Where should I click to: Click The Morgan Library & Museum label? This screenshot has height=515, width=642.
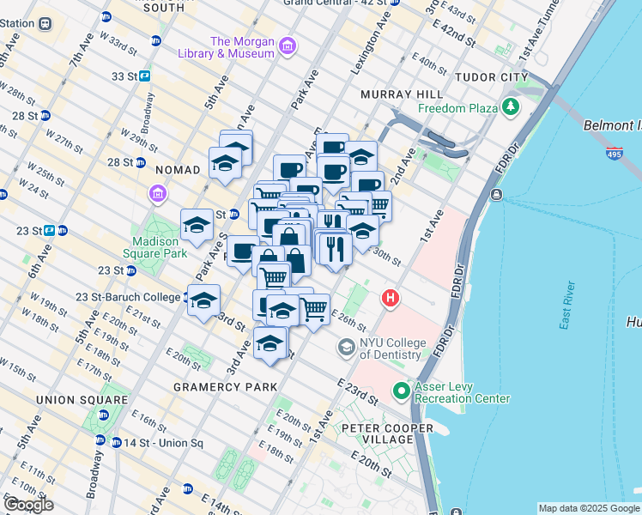[x=243, y=47]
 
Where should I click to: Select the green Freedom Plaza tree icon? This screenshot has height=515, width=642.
[x=512, y=107]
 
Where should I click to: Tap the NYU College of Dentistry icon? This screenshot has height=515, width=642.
[x=346, y=348]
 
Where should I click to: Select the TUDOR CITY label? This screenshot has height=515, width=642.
[x=491, y=77]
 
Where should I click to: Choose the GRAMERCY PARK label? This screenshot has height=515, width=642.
[x=226, y=387]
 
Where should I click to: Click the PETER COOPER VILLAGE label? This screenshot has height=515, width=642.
[x=388, y=433]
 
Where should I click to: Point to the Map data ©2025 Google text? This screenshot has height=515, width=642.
[x=589, y=508]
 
